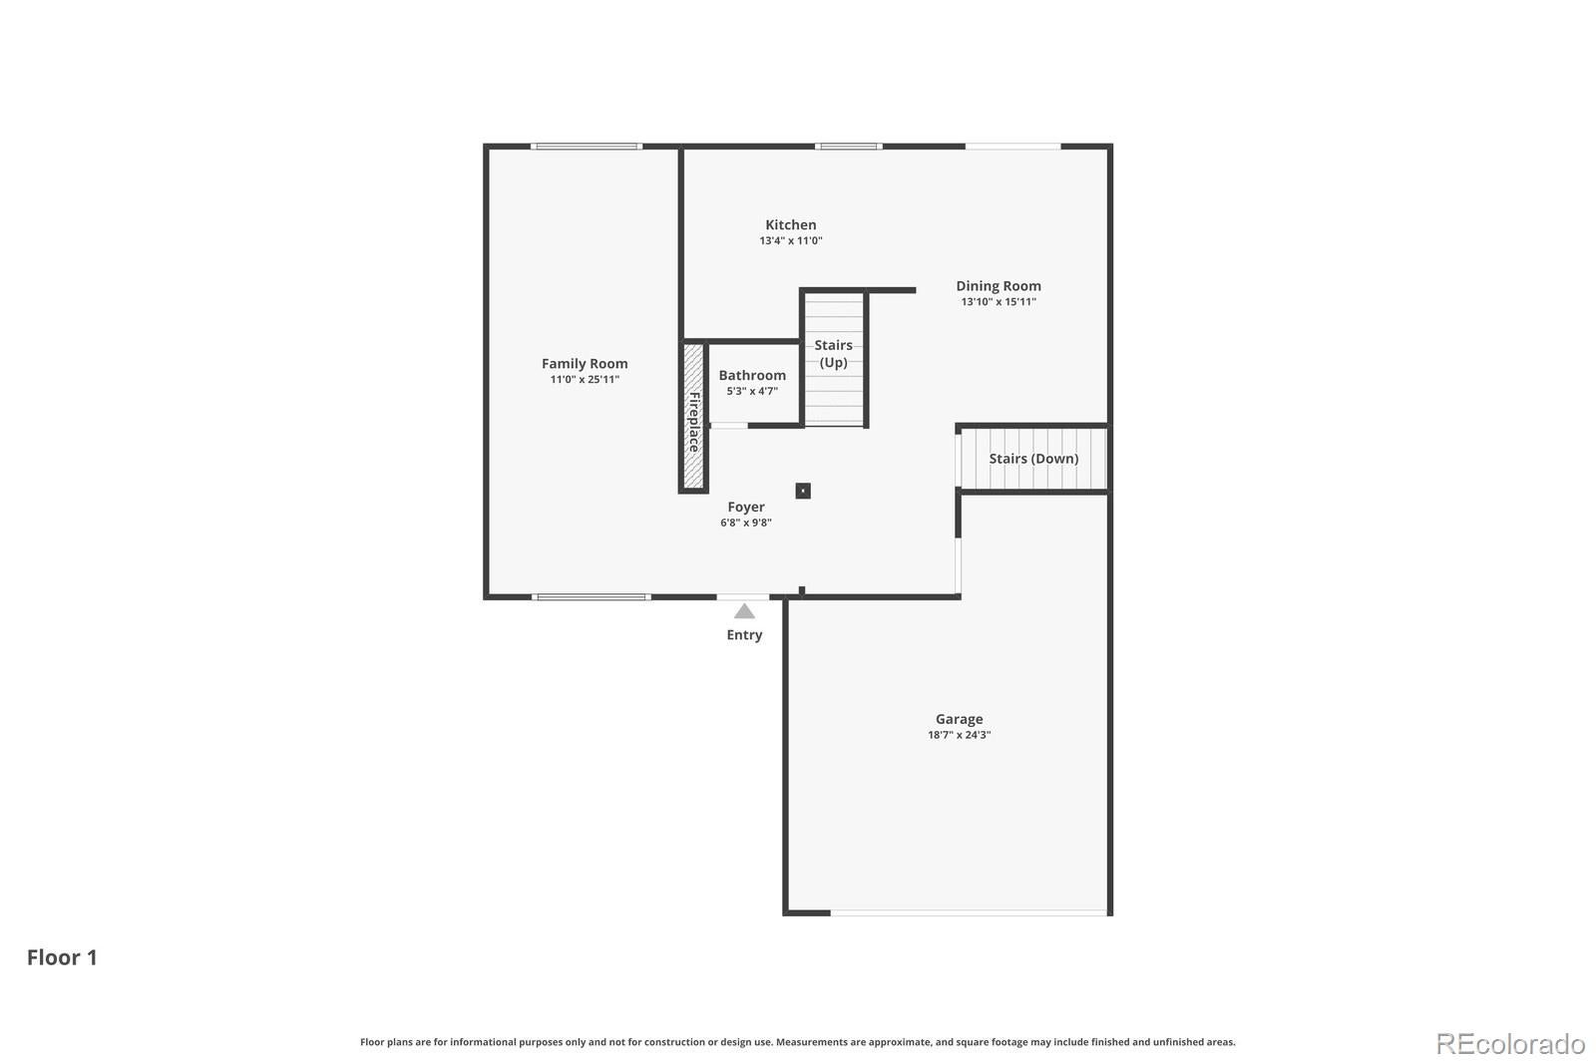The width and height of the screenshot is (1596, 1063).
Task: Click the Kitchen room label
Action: pyautogui.click(x=790, y=225)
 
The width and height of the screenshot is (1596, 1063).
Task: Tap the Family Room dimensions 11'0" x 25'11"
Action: pyautogui.click(x=585, y=380)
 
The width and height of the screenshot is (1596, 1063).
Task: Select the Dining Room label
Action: pyautogui.click(x=998, y=286)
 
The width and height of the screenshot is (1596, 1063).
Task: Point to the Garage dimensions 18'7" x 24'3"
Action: pyautogui.click(x=959, y=735)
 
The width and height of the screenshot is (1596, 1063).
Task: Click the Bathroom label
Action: pyautogui.click(x=752, y=376)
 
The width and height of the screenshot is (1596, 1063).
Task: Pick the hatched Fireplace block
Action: pyautogui.click(x=693, y=416)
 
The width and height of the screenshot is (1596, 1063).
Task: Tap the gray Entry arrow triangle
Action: pyautogui.click(x=744, y=611)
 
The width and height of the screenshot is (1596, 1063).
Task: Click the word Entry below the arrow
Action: pyautogui.click(x=744, y=635)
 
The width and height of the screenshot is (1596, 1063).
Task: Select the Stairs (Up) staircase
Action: pyautogui.click(x=834, y=360)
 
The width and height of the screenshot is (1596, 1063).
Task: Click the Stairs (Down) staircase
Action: pyautogui.click(x=1033, y=459)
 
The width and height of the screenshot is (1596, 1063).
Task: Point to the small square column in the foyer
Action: pyautogui.click(x=803, y=491)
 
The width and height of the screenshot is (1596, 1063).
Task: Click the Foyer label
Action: pyautogui.click(x=746, y=508)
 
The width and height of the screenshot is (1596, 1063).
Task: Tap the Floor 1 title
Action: pyautogui.click(x=62, y=957)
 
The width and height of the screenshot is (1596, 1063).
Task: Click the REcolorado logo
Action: pyautogui.click(x=1510, y=1044)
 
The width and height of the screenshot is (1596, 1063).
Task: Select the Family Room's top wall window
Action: pyautogui.click(x=587, y=147)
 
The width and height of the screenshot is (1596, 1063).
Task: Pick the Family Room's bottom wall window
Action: pyautogui.click(x=591, y=597)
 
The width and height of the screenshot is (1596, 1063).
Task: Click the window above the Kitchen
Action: pyautogui.click(x=849, y=147)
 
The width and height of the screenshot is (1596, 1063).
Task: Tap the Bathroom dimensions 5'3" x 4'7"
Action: pyautogui.click(x=752, y=391)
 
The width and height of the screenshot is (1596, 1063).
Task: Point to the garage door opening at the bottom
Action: pyautogui.click(x=969, y=912)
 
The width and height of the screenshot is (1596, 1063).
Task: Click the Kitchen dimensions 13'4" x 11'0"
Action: pyautogui.click(x=790, y=240)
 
